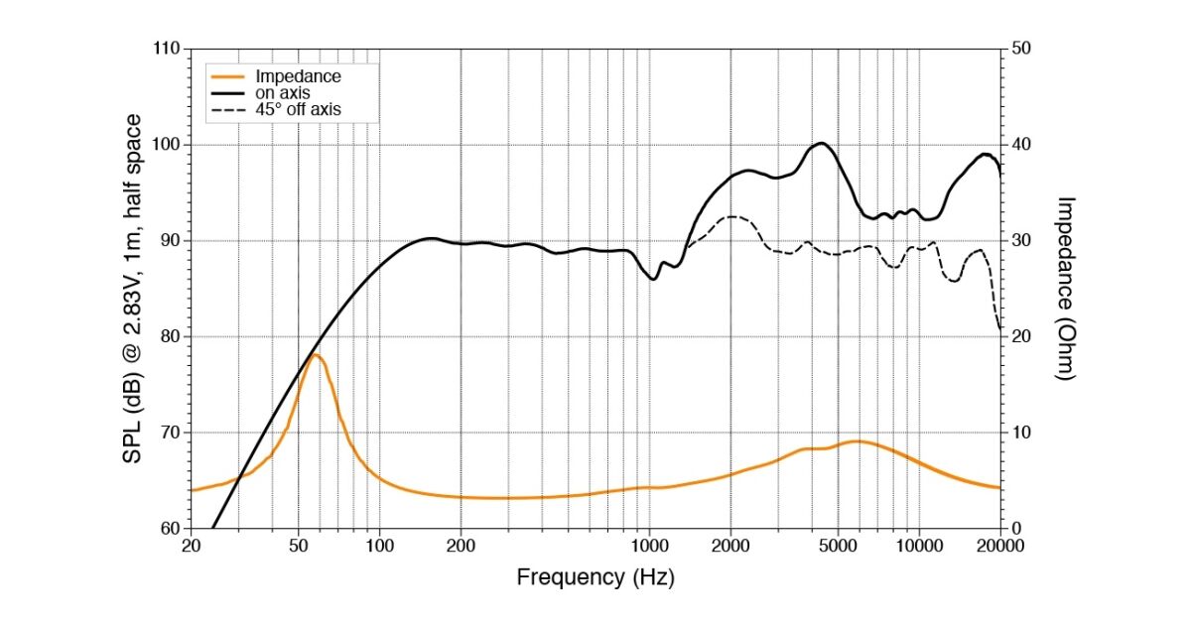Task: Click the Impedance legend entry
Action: (298, 76)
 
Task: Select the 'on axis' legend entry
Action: (283, 93)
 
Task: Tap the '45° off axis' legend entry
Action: (298, 110)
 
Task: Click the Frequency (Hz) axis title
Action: (595, 577)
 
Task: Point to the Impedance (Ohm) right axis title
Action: (1066, 288)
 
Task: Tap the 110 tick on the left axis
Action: (166, 49)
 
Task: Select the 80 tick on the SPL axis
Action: (170, 336)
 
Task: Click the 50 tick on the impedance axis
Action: (1020, 49)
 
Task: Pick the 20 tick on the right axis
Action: (1020, 336)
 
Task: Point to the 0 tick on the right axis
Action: (1015, 528)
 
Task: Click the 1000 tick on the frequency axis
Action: (649, 545)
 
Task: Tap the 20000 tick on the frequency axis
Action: (999, 545)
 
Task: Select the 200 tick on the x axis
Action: (461, 545)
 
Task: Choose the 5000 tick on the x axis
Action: (838, 545)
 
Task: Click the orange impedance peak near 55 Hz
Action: (315, 354)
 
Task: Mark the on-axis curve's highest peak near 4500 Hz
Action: (822, 143)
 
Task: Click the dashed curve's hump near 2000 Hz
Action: (731, 216)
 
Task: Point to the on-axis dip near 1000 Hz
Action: (653, 279)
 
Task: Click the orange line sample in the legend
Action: (229, 76)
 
